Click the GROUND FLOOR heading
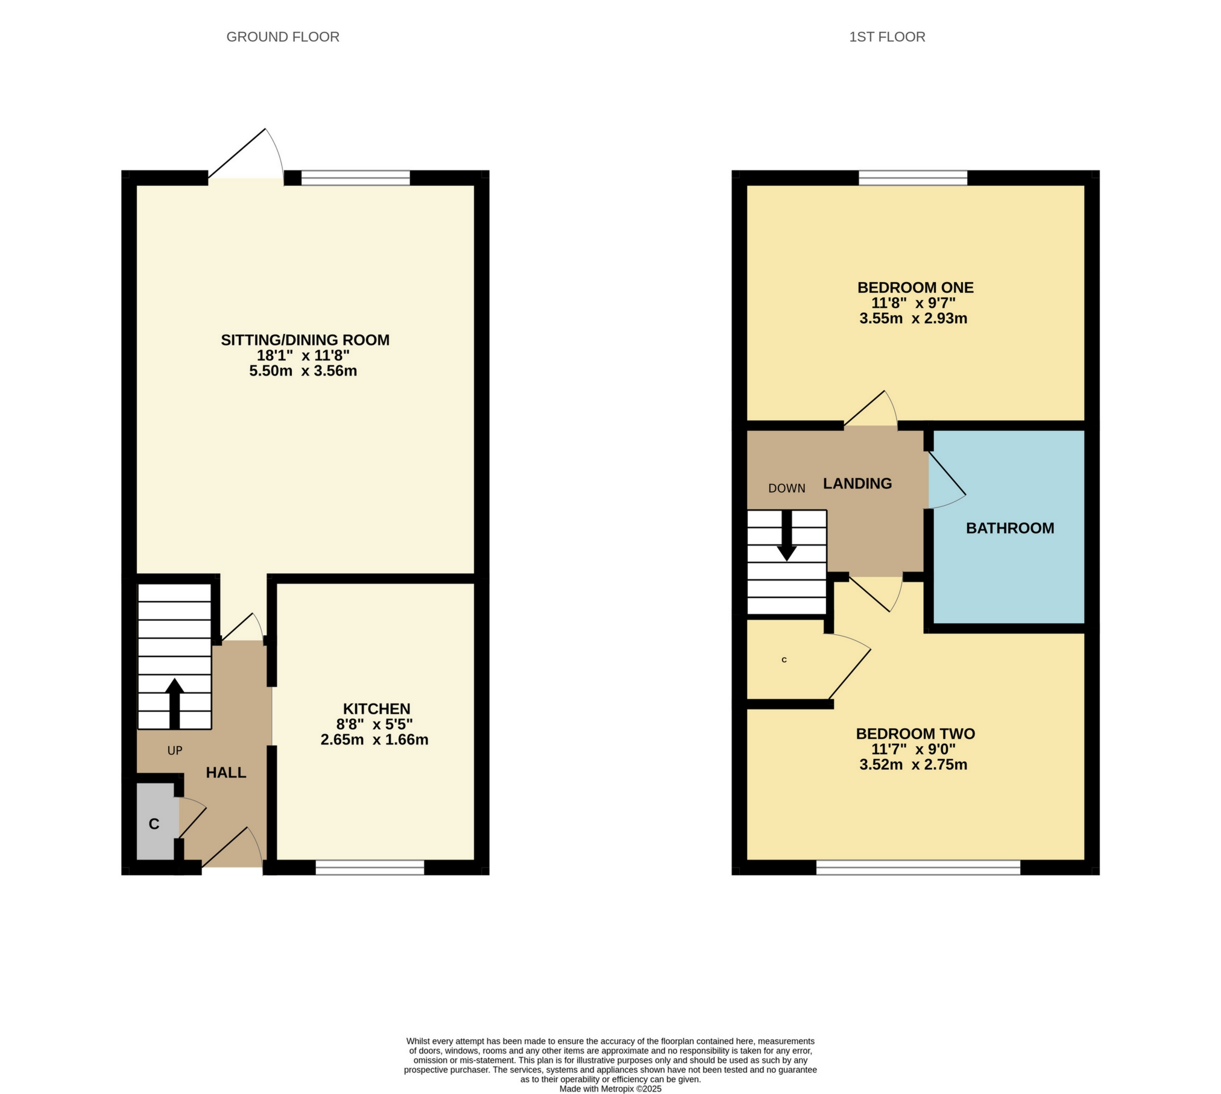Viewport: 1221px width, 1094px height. (283, 37)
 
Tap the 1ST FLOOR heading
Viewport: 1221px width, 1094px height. (886, 37)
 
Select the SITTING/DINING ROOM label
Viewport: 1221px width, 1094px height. (305, 340)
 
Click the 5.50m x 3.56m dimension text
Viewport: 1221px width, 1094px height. (303, 371)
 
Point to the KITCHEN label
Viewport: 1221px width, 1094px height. (376, 709)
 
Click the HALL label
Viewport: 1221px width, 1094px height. (226, 773)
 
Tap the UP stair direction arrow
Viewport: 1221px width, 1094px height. (174, 703)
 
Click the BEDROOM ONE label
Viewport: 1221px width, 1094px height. (915, 288)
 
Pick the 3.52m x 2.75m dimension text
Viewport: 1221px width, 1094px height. (913, 765)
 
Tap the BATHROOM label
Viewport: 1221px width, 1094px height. (1010, 528)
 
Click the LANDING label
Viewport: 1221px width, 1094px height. (857, 483)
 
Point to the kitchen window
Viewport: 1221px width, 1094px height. (370, 867)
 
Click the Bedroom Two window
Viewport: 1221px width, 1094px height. (918, 867)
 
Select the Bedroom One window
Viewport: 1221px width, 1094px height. (912, 178)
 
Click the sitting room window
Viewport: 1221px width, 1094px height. (355, 178)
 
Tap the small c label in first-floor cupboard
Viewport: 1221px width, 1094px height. (784, 660)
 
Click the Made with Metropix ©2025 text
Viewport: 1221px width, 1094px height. (610, 1089)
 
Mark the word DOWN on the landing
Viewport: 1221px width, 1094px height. (786, 489)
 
